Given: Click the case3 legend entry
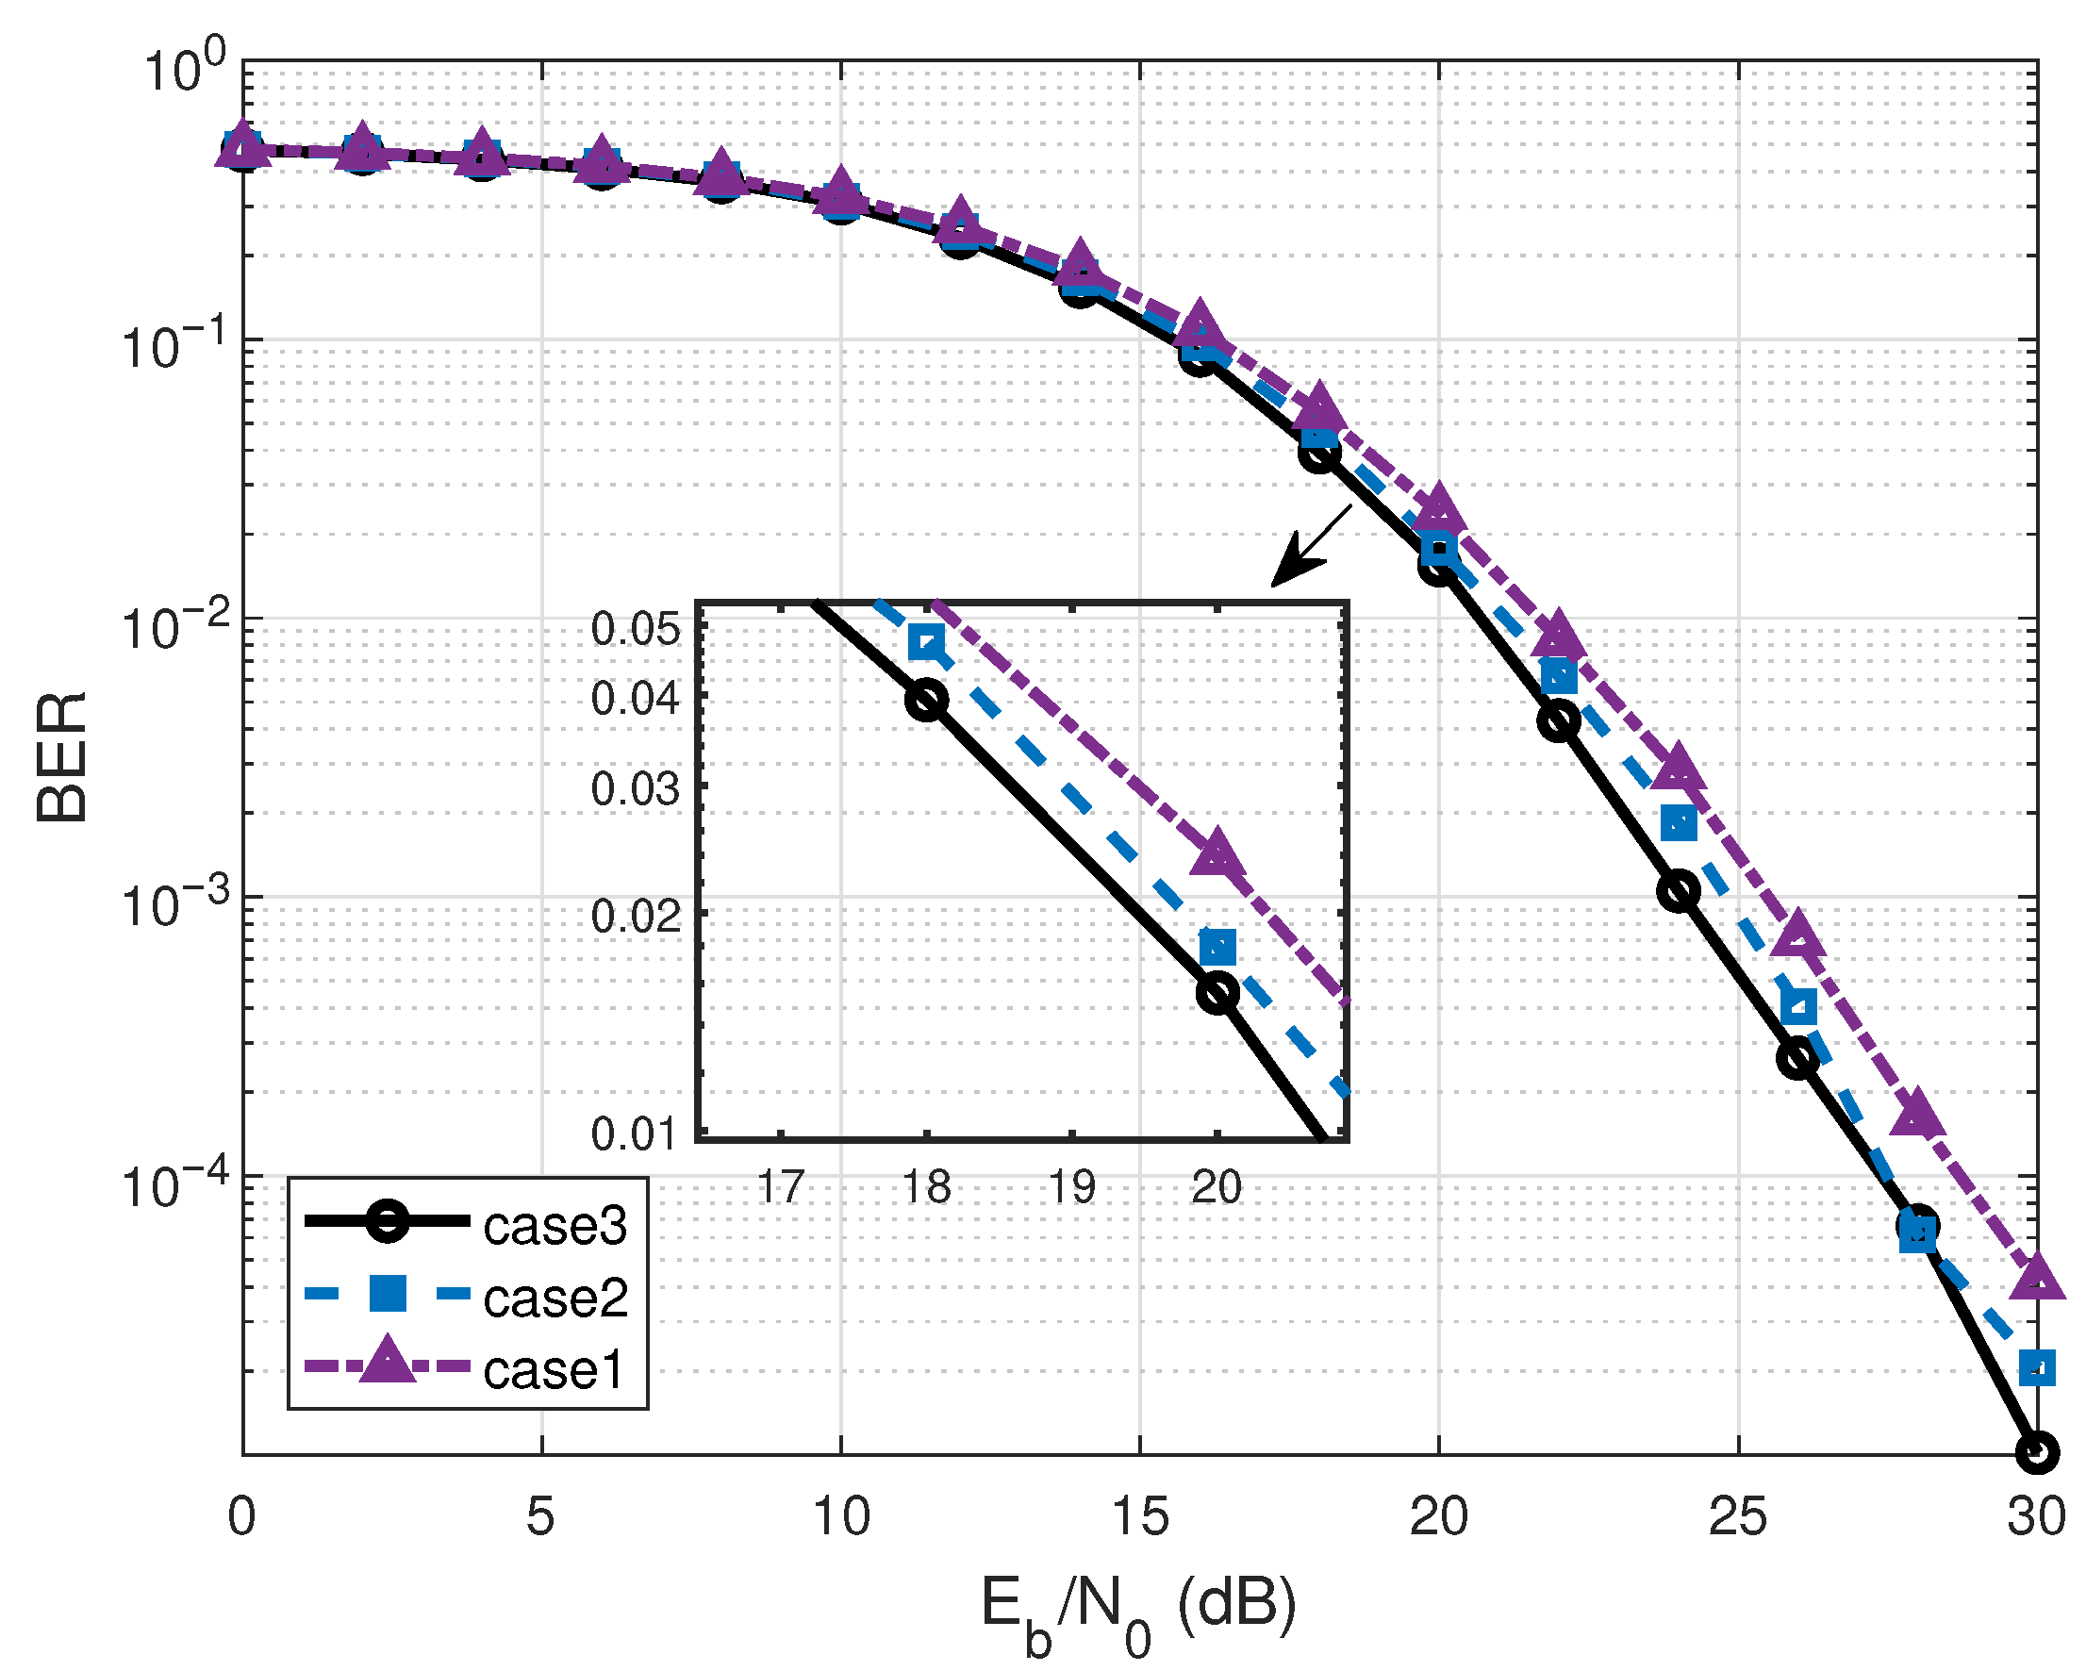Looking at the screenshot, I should pos(555,1227).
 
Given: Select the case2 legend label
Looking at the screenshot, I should pos(555,1299).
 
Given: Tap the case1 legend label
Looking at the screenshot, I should pos(555,1370).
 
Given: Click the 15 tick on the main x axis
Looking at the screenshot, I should pos(1140,1516).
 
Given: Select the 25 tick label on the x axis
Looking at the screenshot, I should pos(1738,1516).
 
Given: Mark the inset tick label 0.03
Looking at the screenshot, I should pos(636,789).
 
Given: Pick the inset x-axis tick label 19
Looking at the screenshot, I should pos(1072,1187).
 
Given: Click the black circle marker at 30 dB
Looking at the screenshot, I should pos(2037,1452).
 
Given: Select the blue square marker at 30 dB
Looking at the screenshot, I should pos(2037,1368).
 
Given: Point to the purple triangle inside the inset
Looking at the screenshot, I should pos(1217,852).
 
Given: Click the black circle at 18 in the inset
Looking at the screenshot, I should pos(927,700).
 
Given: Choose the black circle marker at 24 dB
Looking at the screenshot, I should pos(1679,890).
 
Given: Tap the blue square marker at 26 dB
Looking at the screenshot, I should pos(1797,1007).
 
